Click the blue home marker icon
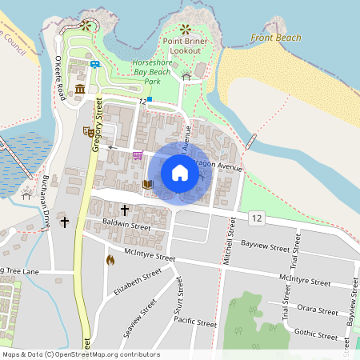click(x=180, y=172)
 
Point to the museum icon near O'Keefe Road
click(x=80, y=89)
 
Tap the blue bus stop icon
click(x=95, y=63)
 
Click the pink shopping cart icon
click(x=138, y=155)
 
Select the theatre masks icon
click(x=87, y=131)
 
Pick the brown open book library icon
click(x=146, y=185)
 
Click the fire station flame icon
click(x=110, y=259)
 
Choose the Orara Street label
click(x=317, y=310)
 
